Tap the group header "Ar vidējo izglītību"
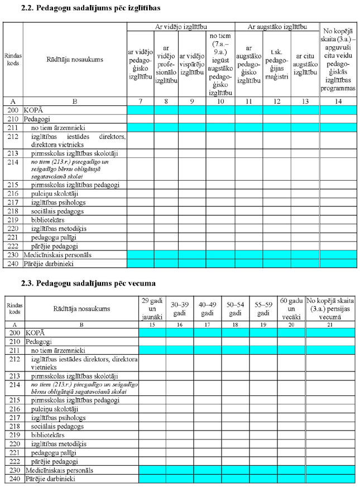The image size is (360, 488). point(180,27)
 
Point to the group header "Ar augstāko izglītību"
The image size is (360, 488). point(276,27)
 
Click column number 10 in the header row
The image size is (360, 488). point(220,101)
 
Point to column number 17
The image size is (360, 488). point(207,324)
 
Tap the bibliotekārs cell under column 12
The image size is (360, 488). point(276,219)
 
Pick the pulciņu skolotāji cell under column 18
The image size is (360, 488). point(235,409)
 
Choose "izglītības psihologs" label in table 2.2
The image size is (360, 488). point(58,202)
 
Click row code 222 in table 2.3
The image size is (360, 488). point(15,462)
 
